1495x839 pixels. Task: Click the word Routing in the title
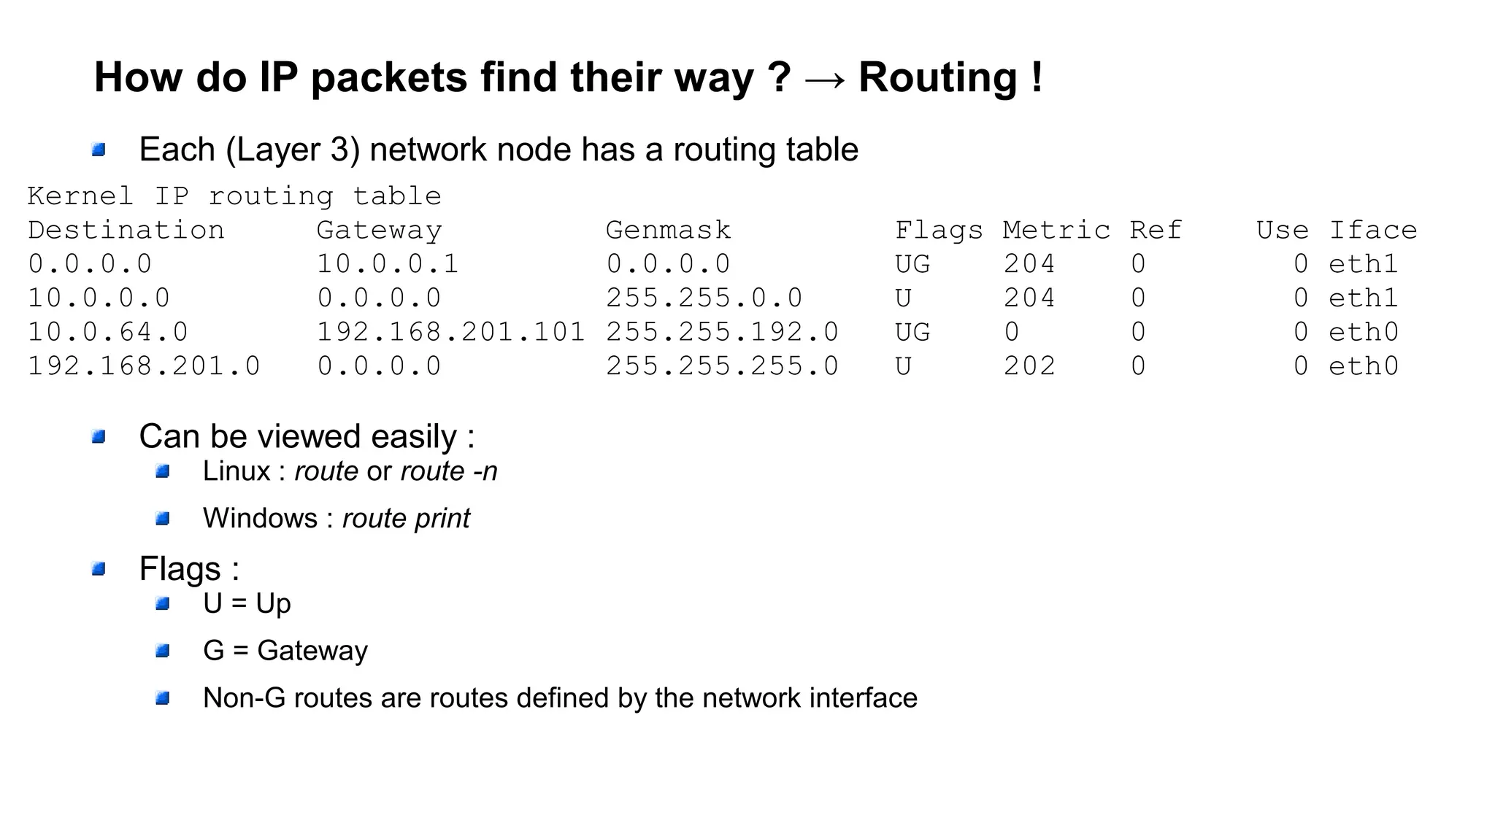[x=937, y=77]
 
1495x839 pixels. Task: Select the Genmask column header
[x=668, y=231]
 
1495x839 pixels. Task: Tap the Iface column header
[x=1372, y=231]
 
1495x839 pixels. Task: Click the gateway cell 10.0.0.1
[x=387, y=264]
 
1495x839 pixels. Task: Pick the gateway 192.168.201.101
[x=450, y=333]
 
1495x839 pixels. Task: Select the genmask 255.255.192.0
[x=722, y=333]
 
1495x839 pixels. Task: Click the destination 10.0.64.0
[x=108, y=333]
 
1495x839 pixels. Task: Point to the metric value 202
[x=1029, y=366]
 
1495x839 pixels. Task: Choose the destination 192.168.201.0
[x=144, y=366]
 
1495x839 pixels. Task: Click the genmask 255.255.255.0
[x=722, y=366]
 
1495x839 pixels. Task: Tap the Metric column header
[x=1056, y=231]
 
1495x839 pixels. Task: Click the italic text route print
[x=406, y=519]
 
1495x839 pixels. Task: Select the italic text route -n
[x=448, y=471]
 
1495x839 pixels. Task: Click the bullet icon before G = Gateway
[x=163, y=651]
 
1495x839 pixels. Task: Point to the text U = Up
[x=247, y=603]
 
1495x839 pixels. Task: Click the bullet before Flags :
[x=99, y=569]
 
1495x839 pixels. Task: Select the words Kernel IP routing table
[x=234, y=196]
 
